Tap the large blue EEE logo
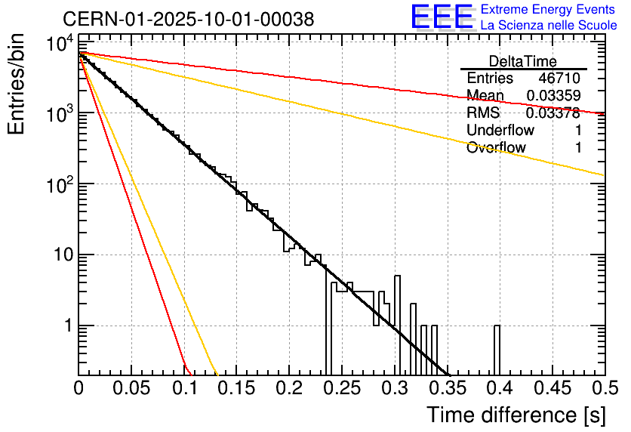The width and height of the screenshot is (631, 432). (442, 17)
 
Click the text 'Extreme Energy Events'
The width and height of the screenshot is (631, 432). (549, 10)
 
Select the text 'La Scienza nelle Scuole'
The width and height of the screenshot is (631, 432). (549, 25)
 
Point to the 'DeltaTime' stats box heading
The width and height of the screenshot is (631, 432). (523, 61)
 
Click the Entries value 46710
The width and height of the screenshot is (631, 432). (559, 79)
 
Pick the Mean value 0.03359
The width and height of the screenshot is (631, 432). (553, 96)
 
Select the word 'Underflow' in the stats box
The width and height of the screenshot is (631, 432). (500, 131)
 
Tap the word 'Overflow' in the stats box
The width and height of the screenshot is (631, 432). (496, 148)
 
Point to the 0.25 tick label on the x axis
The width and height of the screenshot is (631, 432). (341, 389)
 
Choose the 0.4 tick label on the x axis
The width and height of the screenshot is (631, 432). (499, 389)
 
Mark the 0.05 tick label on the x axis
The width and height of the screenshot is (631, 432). (131, 389)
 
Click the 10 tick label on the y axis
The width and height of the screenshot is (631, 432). (60, 255)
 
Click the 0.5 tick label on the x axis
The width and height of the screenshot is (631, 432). (604, 389)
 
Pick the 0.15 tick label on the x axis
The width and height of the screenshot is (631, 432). (236, 389)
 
